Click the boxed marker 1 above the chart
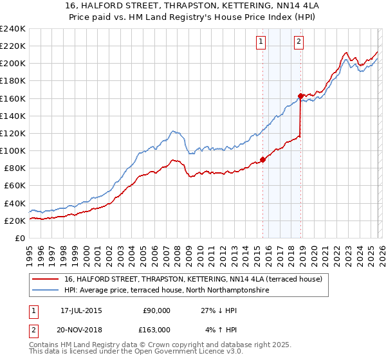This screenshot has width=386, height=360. (261, 42)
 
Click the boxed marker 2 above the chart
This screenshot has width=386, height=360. (299, 42)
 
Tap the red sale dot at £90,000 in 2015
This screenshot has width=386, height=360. (262, 159)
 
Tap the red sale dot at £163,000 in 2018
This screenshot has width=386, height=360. (300, 96)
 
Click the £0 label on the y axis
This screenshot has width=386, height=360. (19, 238)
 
